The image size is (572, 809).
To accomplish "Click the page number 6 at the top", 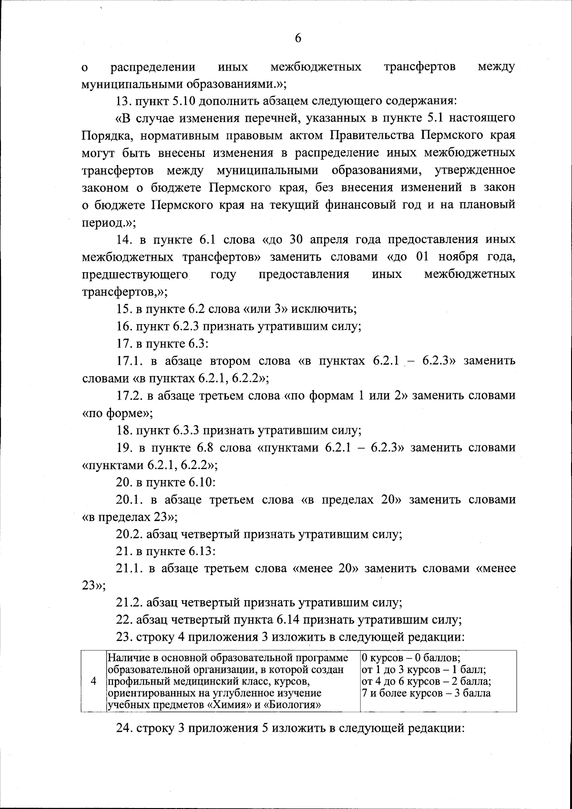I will point(298,39).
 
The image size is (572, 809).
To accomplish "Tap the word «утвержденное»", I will point(476,170).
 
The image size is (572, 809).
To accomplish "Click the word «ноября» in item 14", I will point(458,256).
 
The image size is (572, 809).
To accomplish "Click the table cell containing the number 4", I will point(94,681).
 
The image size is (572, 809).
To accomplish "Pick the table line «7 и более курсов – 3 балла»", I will point(426,693).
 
